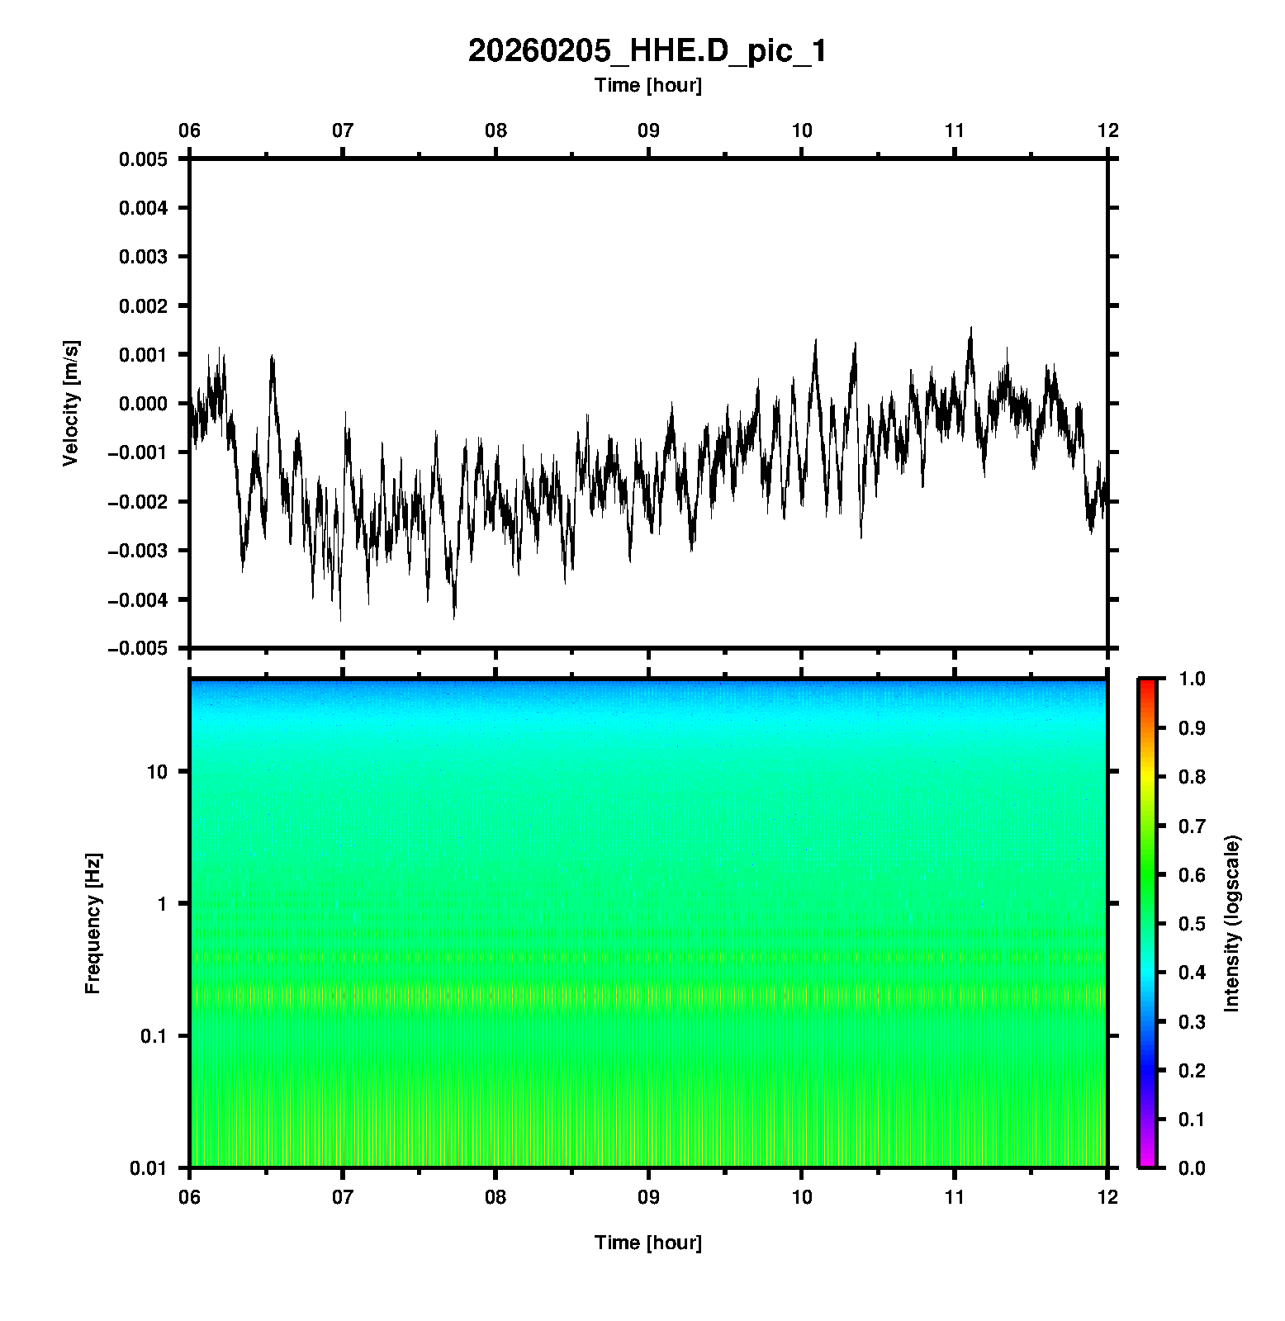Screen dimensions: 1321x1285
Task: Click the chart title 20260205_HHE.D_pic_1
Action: tap(647, 51)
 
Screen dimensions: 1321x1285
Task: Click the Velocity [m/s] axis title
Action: tap(71, 403)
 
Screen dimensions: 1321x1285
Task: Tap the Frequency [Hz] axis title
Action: tap(92, 924)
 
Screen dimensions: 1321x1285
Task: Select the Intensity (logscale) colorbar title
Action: tap(1232, 923)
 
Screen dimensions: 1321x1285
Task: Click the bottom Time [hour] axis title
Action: tap(647, 1243)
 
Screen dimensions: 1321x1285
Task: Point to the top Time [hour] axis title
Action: tap(647, 85)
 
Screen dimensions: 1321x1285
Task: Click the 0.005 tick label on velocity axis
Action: tap(143, 159)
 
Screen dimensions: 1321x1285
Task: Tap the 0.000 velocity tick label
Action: tap(143, 404)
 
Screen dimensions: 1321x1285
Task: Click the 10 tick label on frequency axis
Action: tap(157, 773)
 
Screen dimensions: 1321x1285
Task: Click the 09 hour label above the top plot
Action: tap(648, 130)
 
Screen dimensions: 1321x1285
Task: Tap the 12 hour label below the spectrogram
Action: tap(1107, 1196)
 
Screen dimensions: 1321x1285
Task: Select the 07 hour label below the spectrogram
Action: tap(342, 1196)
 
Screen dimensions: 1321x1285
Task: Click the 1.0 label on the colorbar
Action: tap(1193, 679)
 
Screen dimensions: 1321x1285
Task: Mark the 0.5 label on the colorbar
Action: tap(1193, 924)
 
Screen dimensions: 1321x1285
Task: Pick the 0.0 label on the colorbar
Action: tap(1193, 1168)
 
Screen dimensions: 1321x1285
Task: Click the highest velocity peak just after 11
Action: tap(971, 328)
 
